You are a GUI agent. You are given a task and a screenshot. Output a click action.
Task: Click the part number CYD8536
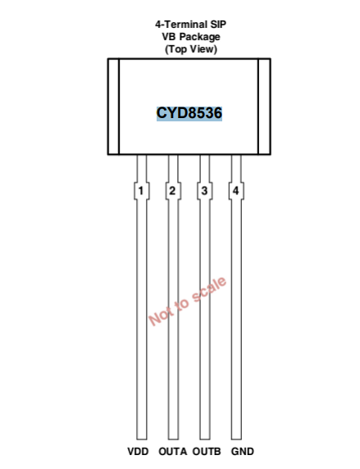click(x=189, y=113)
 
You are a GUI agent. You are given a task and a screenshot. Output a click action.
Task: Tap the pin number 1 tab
click(x=141, y=190)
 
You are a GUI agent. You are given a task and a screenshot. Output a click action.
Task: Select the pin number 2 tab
click(x=173, y=190)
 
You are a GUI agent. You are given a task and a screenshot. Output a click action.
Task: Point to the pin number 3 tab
click(x=205, y=190)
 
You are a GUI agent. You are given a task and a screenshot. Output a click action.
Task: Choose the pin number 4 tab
click(x=236, y=190)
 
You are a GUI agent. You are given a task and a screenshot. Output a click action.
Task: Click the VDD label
click(x=138, y=451)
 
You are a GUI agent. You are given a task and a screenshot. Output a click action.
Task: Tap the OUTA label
click(x=173, y=451)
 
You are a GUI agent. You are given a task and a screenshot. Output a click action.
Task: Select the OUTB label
click(x=207, y=451)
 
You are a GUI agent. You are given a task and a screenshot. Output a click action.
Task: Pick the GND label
click(x=243, y=451)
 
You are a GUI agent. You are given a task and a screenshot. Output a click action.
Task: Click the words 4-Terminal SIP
click(x=190, y=25)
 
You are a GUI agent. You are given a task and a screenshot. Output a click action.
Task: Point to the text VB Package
click(x=191, y=37)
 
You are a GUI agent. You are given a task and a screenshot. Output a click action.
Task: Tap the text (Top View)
click(x=191, y=49)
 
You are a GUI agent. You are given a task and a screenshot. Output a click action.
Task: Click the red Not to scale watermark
click(x=187, y=301)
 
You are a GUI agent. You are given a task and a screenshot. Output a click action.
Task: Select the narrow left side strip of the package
click(x=113, y=107)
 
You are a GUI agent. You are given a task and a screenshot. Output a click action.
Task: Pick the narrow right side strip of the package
click(x=265, y=107)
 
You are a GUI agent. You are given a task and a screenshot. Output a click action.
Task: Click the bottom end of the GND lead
click(x=236, y=439)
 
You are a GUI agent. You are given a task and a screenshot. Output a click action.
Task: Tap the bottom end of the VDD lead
click(x=142, y=439)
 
